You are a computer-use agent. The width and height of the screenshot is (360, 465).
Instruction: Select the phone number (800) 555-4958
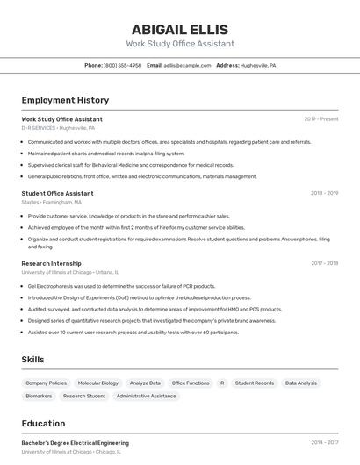[122, 65]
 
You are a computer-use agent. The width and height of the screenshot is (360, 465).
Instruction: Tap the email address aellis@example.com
[181, 65]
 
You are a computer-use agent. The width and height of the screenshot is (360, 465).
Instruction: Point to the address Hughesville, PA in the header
[257, 65]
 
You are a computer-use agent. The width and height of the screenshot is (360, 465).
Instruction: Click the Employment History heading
[65, 100]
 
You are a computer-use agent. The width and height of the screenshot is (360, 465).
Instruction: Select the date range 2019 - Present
[320, 119]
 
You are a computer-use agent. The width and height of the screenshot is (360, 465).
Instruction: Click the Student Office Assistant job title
[57, 193]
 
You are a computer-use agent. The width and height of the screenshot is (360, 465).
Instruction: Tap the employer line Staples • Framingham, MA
[51, 202]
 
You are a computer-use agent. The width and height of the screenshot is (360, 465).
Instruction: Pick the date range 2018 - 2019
[324, 193]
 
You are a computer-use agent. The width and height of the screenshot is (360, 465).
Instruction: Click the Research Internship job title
[51, 263]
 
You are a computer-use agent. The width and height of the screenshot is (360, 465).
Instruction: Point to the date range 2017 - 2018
[324, 263]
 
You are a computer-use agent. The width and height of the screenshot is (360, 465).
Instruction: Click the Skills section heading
[33, 360]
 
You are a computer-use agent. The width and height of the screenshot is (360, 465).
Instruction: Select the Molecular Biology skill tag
[97, 383]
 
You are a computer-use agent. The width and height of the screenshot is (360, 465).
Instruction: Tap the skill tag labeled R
[222, 383]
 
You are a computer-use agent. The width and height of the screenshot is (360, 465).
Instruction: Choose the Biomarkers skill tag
[39, 397]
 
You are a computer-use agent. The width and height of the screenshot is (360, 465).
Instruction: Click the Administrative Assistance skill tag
[146, 397]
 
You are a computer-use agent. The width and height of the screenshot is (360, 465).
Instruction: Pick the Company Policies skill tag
[46, 383]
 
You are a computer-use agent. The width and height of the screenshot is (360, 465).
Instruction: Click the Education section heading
[44, 424]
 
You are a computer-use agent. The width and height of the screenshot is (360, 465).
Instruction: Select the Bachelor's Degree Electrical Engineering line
[75, 443]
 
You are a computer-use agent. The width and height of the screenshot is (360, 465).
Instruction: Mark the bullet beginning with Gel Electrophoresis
[121, 286]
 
